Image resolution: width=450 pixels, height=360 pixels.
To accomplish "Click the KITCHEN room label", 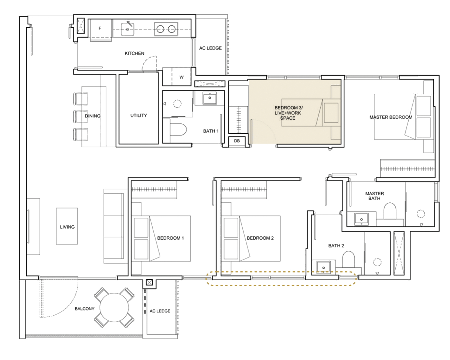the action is (134, 53).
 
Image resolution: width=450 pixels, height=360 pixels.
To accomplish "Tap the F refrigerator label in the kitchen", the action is (100, 28).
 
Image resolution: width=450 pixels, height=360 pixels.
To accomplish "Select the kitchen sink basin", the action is (127, 29).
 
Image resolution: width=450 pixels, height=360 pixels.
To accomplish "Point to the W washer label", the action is (181, 77).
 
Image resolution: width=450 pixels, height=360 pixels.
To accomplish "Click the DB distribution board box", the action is (237, 141).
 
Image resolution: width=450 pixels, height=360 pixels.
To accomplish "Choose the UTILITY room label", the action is (139, 116).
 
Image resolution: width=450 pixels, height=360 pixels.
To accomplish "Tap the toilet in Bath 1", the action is (178, 129).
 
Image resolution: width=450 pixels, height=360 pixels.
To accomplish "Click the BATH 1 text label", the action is (211, 131).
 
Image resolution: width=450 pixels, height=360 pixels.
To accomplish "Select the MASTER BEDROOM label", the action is (391, 117).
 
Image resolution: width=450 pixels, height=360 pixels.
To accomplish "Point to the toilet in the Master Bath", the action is (390, 211).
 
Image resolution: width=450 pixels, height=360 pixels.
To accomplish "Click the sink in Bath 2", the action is (324, 267).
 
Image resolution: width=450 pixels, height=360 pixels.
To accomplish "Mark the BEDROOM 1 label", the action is (170, 238).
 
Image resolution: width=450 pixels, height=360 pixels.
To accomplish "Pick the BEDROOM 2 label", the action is (260, 238).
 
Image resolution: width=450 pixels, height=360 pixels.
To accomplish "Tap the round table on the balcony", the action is (114, 307).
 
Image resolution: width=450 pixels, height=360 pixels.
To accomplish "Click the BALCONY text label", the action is (85, 309).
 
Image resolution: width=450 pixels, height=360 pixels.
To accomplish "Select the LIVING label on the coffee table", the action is (67, 227).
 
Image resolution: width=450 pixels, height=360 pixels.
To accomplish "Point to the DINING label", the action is (92, 116).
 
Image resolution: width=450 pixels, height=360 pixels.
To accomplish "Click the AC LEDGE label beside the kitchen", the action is (210, 48).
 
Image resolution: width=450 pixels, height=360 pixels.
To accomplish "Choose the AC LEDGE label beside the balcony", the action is (160, 311).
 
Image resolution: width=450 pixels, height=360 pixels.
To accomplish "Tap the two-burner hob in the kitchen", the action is (166, 29).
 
